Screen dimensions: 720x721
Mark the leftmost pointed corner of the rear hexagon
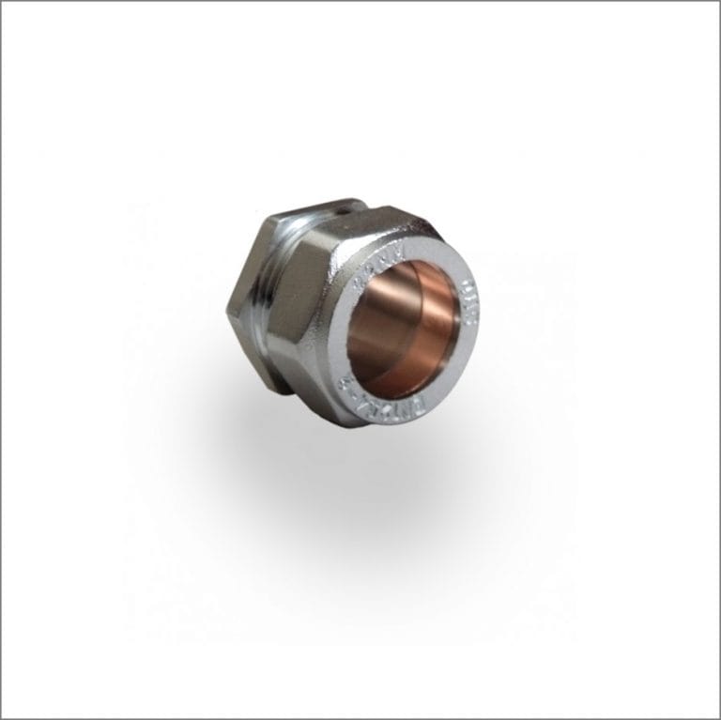[228, 305]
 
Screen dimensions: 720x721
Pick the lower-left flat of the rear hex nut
[250, 352]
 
